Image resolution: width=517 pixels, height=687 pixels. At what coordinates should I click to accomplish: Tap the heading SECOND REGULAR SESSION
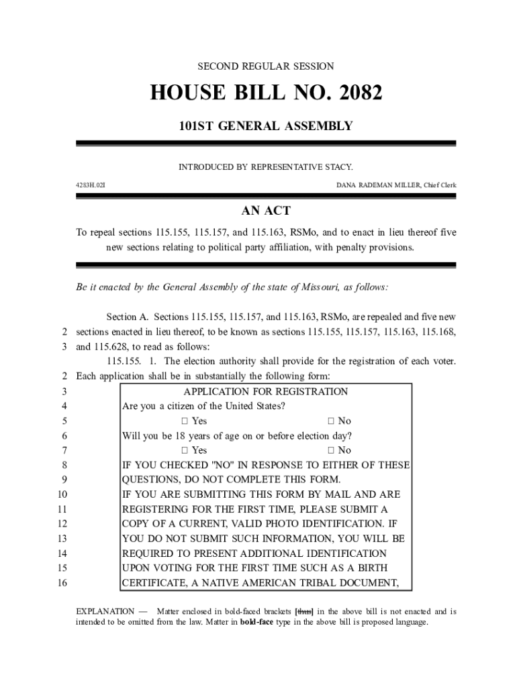(265, 66)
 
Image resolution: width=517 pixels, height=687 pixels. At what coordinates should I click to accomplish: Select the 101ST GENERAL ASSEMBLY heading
(265, 125)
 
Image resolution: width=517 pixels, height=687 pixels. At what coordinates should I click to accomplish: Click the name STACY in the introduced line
(338, 166)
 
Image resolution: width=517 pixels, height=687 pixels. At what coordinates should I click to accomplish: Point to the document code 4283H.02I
(90, 184)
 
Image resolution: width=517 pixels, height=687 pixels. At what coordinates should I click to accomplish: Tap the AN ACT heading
(266, 211)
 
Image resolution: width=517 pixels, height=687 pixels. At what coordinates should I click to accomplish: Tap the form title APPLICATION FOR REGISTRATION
(265, 391)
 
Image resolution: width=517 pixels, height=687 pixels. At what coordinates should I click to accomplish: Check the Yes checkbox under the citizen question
(184, 421)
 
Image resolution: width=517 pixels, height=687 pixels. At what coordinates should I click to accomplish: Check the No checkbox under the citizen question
(331, 421)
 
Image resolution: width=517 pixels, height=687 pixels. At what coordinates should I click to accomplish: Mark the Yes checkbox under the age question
(184, 451)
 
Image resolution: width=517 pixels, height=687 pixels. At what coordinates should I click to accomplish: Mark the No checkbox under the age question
(331, 451)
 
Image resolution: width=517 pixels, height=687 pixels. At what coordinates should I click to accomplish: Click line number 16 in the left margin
(62, 583)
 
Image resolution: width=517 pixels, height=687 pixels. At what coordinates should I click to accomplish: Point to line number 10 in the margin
(62, 494)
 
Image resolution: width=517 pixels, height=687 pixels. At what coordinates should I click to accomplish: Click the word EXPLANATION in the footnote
(104, 611)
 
